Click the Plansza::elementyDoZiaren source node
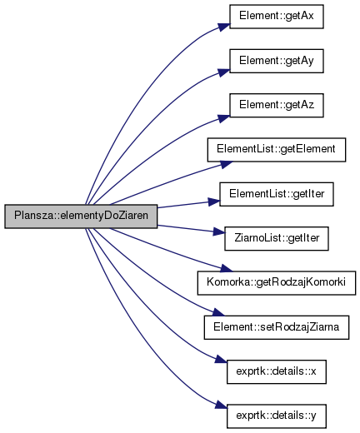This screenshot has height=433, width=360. [x=81, y=216]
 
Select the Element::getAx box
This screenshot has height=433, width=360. [x=277, y=17]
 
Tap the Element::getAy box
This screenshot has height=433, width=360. [x=277, y=61]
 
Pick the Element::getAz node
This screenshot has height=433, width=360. [x=277, y=106]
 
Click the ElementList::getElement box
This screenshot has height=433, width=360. [x=277, y=150]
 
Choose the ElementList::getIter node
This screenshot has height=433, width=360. [x=277, y=194]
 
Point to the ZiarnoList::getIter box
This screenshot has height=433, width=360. [x=277, y=239]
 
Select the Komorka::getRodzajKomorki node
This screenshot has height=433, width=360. [x=277, y=283]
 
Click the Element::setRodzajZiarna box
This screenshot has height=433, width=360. [x=277, y=327]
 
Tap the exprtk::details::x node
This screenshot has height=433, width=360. [x=277, y=372]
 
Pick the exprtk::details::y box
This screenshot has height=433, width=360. [x=277, y=416]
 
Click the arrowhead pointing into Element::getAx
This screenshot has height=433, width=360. [x=224, y=27]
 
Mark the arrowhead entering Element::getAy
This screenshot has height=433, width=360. [x=224, y=72]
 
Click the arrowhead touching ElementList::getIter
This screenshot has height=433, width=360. [x=214, y=202]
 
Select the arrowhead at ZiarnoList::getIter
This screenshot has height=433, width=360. [x=219, y=231]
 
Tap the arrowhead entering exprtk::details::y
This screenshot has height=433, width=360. [x=222, y=405]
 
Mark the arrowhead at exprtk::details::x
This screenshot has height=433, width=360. [x=222, y=360]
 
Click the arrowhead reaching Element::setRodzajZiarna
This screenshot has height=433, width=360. [x=218, y=312]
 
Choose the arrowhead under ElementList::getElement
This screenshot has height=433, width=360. [x=227, y=164]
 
